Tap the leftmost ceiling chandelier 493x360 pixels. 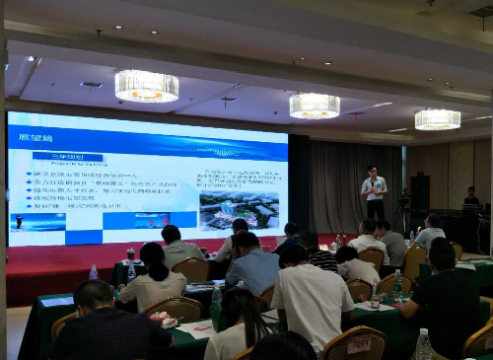point(146,86)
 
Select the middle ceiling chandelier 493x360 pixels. point(314,106)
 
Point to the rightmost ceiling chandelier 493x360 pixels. point(437,119)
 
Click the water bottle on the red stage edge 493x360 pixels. point(94,272)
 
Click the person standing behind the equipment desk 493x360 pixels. point(470,201)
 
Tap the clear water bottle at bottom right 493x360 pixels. point(423,344)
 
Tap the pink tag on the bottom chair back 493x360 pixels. point(358,346)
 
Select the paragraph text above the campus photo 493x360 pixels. point(241,179)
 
